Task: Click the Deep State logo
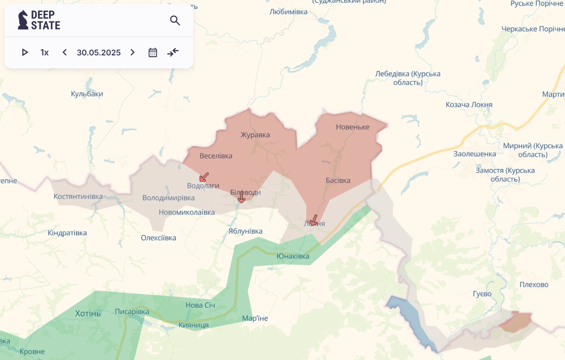[x=39, y=20]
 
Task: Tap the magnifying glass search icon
[x=175, y=21]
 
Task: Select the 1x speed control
[x=44, y=52]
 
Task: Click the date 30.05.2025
[x=99, y=52]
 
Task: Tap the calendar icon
[x=153, y=52]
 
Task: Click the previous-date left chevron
[x=65, y=52]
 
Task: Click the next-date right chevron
[x=132, y=52]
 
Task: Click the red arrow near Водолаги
[x=204, y=177]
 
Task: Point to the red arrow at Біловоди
[x=241, y=197]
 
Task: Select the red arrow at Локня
[x=313, y=220]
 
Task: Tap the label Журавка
[x=255, y=135]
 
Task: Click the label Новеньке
[x=353, y=127]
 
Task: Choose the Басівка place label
[x=338, y=180]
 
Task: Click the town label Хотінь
[x=88, y=313]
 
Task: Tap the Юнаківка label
[x=293, y=256]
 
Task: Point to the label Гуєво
[x=482, y=294]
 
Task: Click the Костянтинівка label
[x=78, y=197]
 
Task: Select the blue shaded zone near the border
[x=411, y=319]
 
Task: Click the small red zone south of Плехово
[x=515, y=322]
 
